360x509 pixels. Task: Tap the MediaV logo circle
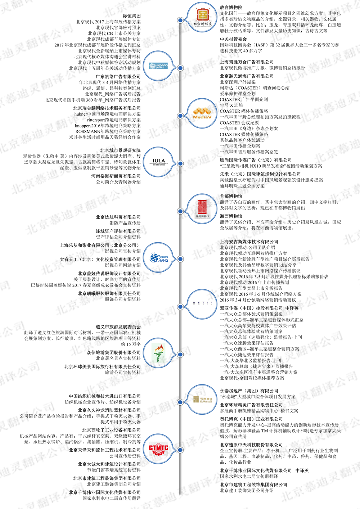[x=202, y=114]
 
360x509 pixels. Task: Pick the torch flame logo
[x=159, y=353]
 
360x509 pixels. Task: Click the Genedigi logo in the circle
[x=159, y=66]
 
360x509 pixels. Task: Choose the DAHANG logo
[x=159, y=258]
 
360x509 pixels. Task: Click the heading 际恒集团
[x=131, y=16]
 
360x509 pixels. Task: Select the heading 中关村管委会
[x=233, y=39]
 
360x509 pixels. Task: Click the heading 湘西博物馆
[x=231, y=216]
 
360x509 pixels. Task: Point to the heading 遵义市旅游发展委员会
[x=118, y=327]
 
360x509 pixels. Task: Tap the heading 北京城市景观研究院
[x=120, y=150]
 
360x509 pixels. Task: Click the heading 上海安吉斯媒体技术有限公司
[x=249, y=242]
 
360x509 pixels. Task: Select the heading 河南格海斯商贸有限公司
[x=116, y=176]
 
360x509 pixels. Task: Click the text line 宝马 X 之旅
[x=231, y=105]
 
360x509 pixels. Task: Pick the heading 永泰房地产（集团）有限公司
[x=249, y=391]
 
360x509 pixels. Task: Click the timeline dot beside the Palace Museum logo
[x=180, y=20]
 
